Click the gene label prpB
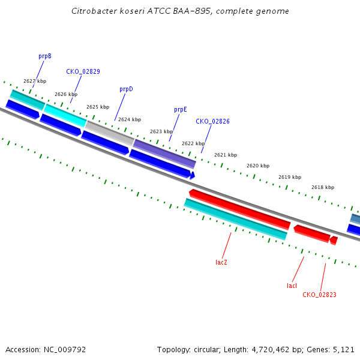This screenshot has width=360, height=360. pyautogui.click(x=45, y=56)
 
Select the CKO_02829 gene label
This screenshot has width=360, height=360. pyautogui.click(x=83, y=71)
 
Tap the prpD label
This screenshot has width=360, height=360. pyautogui.click(x=126, y=89)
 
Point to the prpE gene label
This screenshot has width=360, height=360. pyautogui.click(x=181, y=110)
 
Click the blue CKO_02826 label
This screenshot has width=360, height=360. pyautogui.click(x=212, y=121)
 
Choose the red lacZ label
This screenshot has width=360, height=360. pyautogui.click(x=221, y=262)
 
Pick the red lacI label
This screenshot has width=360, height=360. pyautogui.click(x=292, y=286)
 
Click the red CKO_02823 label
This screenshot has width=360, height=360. pyautogui.click(x=319, y=295)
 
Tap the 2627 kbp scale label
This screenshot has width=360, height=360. pyautogui.click(x=35, y=81)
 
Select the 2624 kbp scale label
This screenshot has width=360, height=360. pyautogui.click(x=130, y=119)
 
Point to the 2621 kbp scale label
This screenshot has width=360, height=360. pyautogui.click(x=226, y=155)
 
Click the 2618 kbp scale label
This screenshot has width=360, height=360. pyautogui.click(x=323, y=187)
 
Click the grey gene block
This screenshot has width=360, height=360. pyautogui.click(x=110, y=133)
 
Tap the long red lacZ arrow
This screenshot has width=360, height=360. pyautogui.click(x=239, y=209)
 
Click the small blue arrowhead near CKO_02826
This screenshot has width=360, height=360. pyautogui.click(x=193, y=175)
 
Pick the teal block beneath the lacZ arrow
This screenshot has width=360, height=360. pyautogui.click(x=236, y=219)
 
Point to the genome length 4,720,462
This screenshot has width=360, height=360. pyautogui.click(x=271, y=350)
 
